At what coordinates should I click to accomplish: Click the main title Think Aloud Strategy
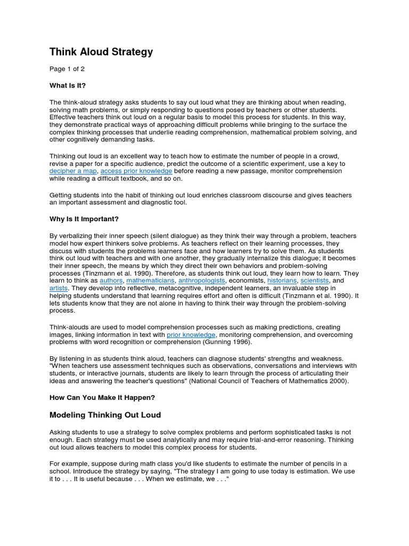pyautogui.click(x=101, y=52)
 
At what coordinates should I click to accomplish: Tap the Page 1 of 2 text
pyautogui.click(x=67, y=69)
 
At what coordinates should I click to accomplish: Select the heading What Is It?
pyautogui.click(x=68, y=85)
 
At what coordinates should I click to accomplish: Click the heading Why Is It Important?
pyautogui.click(x=85, y=219)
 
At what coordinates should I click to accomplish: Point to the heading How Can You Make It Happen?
pyautogui.click(x=102, y=397)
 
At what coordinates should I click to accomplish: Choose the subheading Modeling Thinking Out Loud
pyautogui.click(x=105, y=415)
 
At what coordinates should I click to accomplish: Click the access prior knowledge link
pyautogui.click(x=136, y=171)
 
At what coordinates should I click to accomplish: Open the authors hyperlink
pyautogui.click(x=111, y=280)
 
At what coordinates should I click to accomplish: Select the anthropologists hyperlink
pyautogui.click(x=202, y=280)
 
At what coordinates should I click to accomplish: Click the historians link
pyautogui.click(x=282, y=280)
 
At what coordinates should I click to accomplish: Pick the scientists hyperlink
pyautogui.click(x=314, y=280)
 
